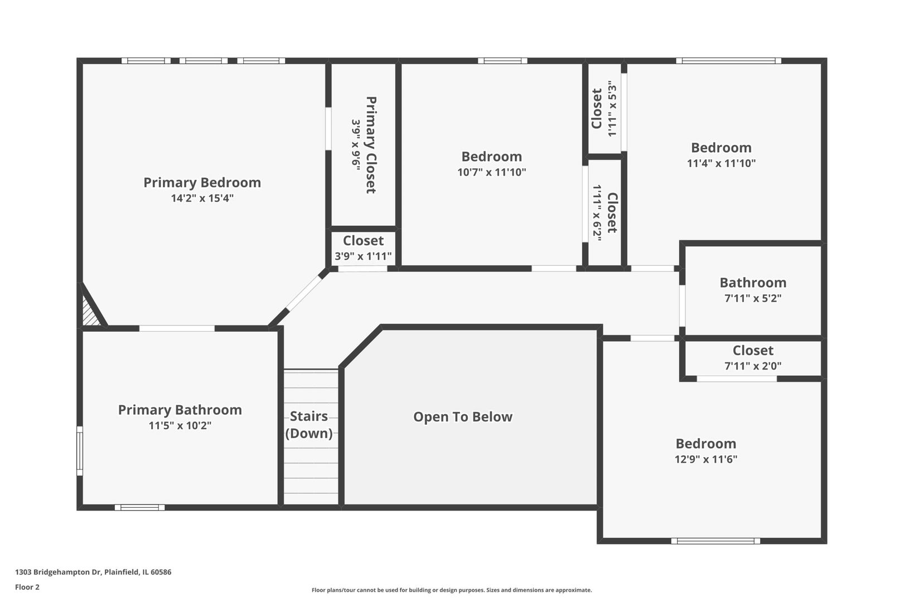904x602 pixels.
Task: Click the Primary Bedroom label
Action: click(x=202, y=182)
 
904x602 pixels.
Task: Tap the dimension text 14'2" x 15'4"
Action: click(x=202, y=198)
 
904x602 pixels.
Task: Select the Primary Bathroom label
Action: click(x=180, y=410)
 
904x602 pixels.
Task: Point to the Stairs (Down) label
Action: click(x=309, y=425)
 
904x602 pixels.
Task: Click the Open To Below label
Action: click(x=462, y=417)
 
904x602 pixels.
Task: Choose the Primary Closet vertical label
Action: click(x=371, y=145)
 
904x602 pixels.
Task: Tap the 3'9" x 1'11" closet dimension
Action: click(x=363, y=256)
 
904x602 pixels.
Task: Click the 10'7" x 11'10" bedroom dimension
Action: click(x=491, y=172)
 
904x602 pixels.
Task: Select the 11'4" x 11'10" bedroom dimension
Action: click(x=721, y=163)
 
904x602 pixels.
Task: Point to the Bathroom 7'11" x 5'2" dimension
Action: click(x=752, y=298)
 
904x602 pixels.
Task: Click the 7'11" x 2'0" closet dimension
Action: click(x=752, y=366)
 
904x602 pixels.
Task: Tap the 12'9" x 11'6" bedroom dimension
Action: click(x=705, y=459)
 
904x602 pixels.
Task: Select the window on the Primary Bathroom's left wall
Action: click(x=80, y=451)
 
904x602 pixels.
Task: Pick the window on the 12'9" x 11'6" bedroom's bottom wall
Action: click(x=715, y=541)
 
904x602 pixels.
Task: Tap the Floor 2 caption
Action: click(x=27, y=587)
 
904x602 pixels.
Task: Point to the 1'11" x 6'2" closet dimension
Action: click(x=597, y=213)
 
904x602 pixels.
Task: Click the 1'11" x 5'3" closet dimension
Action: click(x=612, y=110)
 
